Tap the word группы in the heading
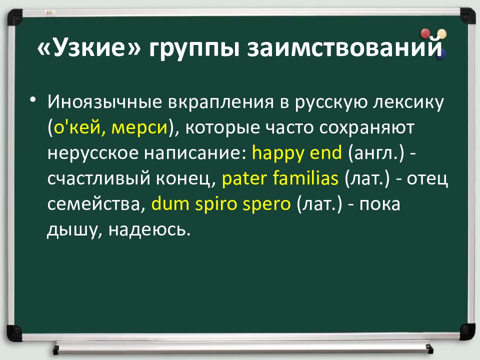pos(194,49)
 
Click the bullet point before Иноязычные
pos(33,99)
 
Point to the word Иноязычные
pos(104,102)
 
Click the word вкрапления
pos(220,102)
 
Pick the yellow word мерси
pos(139,127)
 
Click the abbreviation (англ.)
pos(376,153)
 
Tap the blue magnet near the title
pos(441,54)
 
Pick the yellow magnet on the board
pos(441,34)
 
